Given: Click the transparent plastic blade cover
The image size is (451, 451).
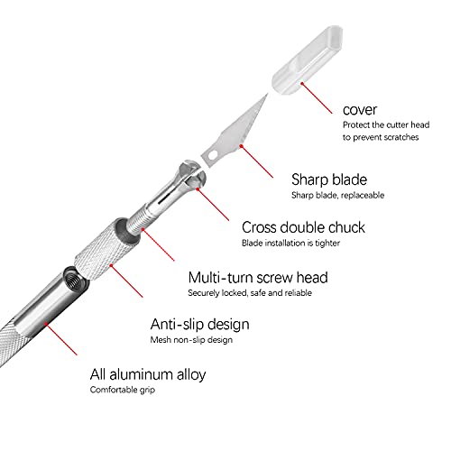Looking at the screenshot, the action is (307, 60).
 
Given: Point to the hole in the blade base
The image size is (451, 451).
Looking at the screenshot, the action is (213, 155).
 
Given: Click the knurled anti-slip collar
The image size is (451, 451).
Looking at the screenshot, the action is (106, 249).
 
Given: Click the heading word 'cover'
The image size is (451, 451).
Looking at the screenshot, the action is (360, 110).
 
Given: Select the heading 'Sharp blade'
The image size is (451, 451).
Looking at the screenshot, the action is (329, 179).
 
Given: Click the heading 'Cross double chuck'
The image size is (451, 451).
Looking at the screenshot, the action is (303, 227).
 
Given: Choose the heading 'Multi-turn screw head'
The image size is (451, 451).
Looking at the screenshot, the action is (258, 278).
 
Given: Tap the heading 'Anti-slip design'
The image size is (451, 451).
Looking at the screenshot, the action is (200, 325).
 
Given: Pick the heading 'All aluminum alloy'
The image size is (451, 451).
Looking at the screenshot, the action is (148, 374).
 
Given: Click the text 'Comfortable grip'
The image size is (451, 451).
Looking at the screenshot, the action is (123, 390).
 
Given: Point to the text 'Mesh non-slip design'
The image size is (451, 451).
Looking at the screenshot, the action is (191, 340).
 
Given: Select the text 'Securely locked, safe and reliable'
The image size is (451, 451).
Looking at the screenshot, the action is (250, 293).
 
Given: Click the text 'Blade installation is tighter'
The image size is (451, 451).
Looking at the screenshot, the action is (290, 243).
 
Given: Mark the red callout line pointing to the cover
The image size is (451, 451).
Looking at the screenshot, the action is (317, 98).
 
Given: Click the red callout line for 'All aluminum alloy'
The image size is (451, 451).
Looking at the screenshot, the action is (61, 339).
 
